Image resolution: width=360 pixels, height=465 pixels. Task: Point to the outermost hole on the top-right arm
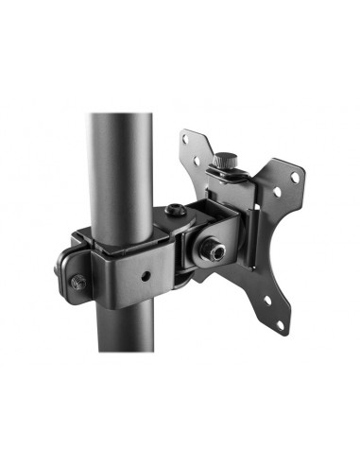(295, 176)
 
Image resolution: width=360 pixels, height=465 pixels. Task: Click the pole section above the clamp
(116, 161)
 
